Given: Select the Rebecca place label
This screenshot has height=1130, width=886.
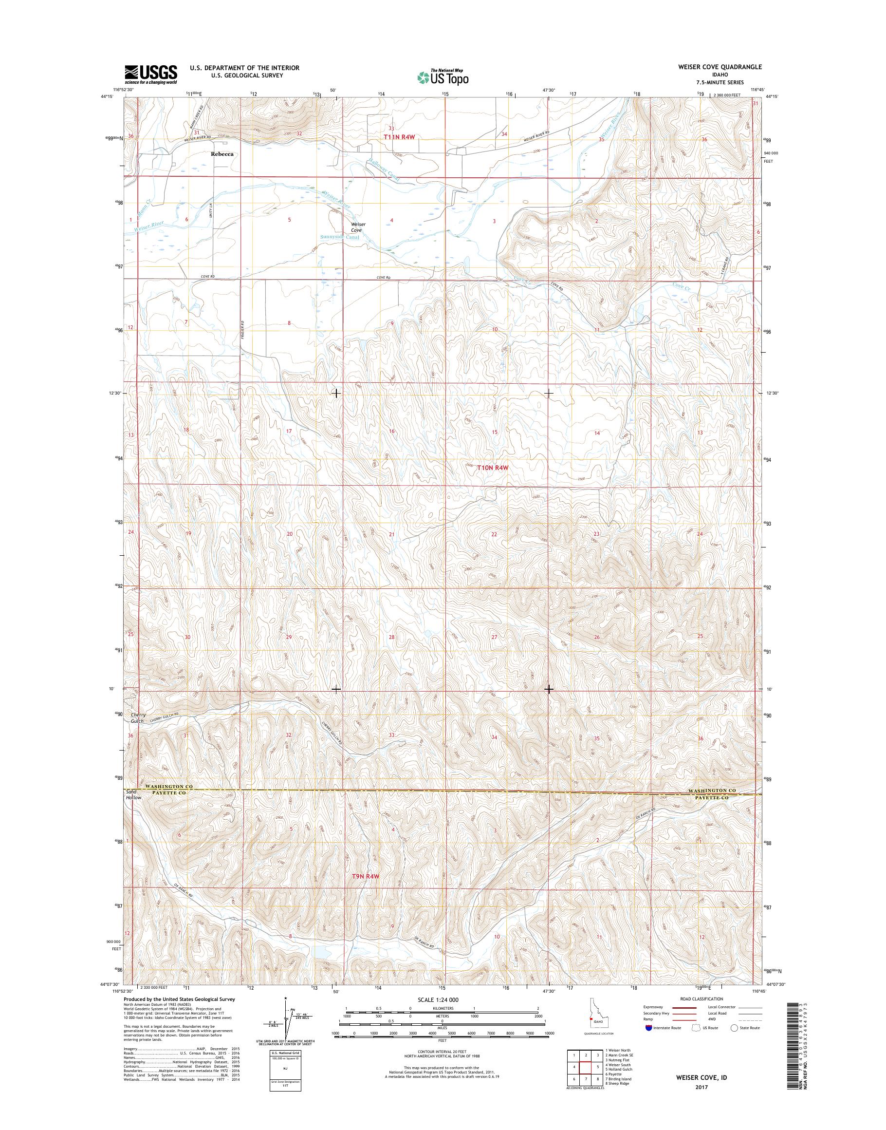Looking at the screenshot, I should pyautogui.click(x=222, y=154).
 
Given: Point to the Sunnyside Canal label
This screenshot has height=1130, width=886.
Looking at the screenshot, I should pyautogui.click(x=340, y=237).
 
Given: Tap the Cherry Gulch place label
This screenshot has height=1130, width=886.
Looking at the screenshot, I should pyautogui.click(x=137, y=718).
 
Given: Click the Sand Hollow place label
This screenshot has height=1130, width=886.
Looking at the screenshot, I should pyautogui.click(x=134, y=794).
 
